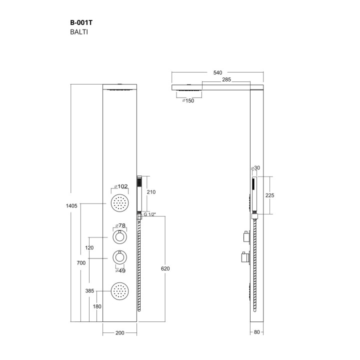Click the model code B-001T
pos(81,22)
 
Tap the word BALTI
pos(79,32)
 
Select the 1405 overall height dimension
pos(71,205)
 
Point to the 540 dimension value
pos(217,72)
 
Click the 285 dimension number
pos(226,79)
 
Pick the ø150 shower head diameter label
pos(188,100)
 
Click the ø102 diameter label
pos(121,186)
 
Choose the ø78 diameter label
pos(120,225)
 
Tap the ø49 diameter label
pos(120,270)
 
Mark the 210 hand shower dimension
pos(151,192)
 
